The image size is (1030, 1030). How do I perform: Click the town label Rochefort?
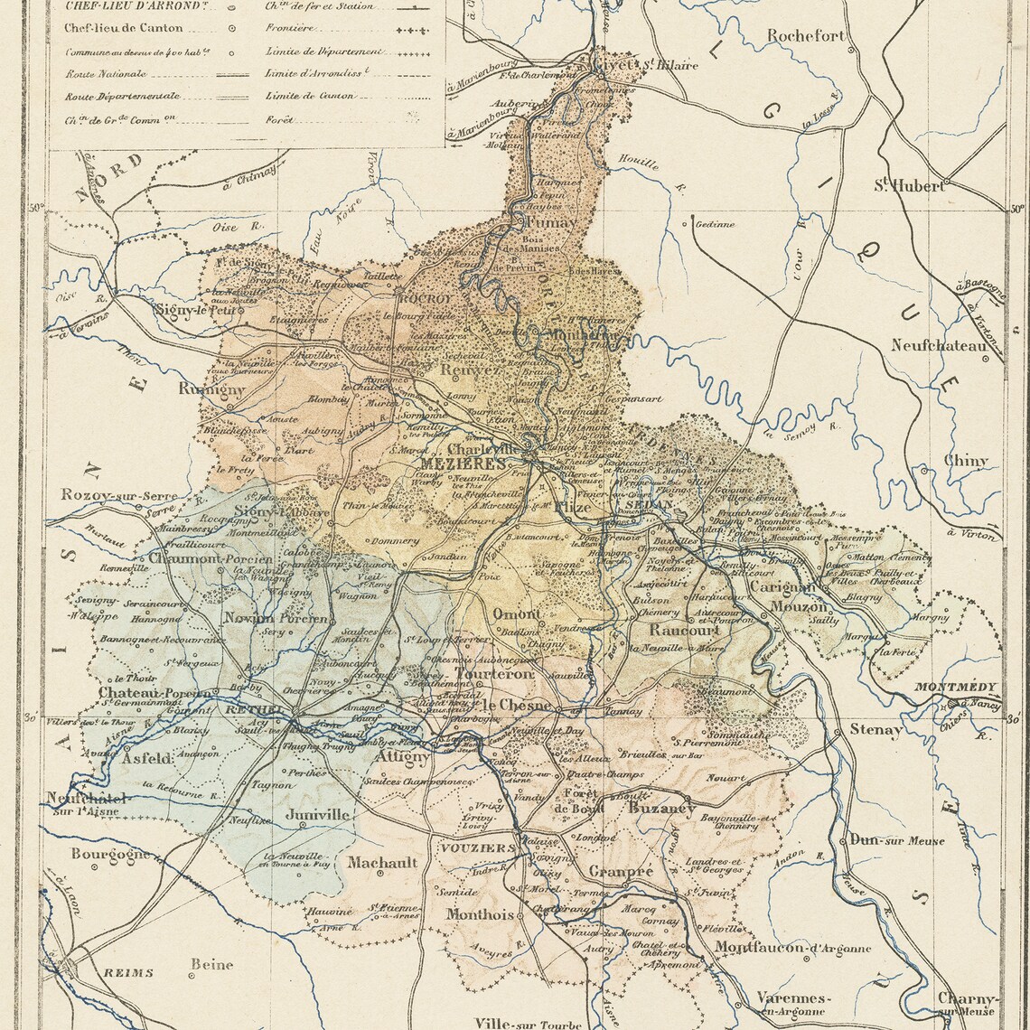coord(807,36)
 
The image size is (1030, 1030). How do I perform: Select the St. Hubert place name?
coord(908,186)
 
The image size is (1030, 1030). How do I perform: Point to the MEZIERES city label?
coord(463,463)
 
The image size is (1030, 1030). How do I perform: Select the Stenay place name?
coord(875,729)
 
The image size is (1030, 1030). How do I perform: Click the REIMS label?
coord(127,973)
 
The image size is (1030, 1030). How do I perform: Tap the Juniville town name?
coord(317,814)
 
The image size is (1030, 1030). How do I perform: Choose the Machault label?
coord(382,862)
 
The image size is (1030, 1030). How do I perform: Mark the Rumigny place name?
coord(211,389)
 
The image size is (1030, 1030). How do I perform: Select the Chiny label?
coord(966,461)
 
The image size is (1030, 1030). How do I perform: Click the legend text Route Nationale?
coord(105,74)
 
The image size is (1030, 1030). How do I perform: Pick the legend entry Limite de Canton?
coord(310,96)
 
